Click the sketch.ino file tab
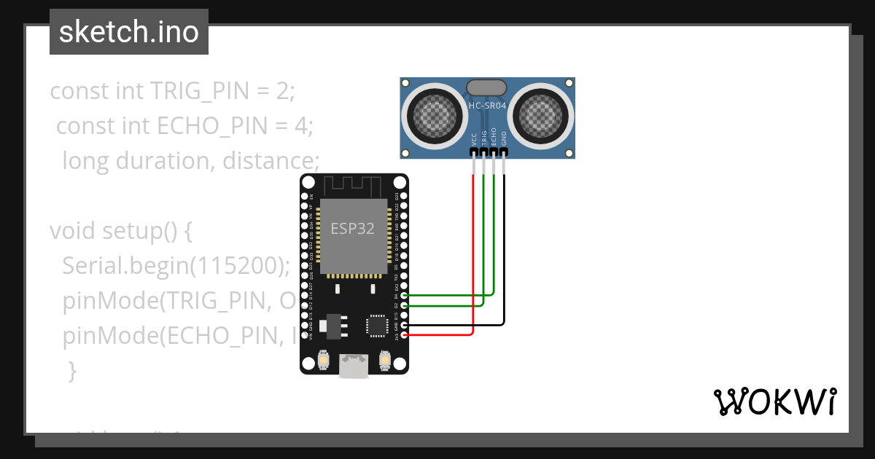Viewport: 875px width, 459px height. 129,32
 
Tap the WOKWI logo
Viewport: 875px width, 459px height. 774,401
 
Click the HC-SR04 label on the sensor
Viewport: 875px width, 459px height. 487,106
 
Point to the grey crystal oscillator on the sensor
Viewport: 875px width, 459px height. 486,87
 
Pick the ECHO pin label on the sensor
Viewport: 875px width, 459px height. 494,138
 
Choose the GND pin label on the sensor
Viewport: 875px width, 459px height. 504,138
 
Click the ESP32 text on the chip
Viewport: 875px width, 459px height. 353,228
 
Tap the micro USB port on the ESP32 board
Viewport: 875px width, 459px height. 354,366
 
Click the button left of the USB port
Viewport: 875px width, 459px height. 324,359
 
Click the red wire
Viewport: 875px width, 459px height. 474,255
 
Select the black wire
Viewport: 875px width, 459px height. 504,255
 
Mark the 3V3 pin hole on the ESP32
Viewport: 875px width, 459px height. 404,334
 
